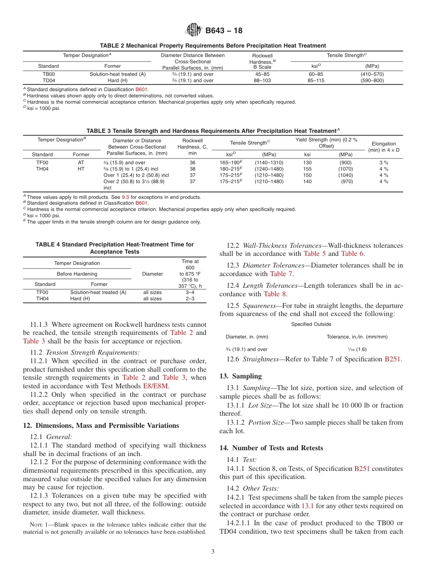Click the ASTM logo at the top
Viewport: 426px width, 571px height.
194,31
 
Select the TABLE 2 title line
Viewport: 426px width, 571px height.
213,45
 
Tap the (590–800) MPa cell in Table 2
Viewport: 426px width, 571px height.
372,80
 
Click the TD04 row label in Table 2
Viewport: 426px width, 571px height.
48,80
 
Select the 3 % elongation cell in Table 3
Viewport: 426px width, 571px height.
383,163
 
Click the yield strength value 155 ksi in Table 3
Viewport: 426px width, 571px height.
307,169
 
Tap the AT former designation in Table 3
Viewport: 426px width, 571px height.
81,163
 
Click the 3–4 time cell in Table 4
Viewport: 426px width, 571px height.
190,292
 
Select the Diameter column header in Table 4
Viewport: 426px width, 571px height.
152,274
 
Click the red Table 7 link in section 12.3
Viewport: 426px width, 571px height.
281,274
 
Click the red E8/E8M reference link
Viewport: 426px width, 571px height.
156,386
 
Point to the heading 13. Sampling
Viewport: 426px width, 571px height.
240,376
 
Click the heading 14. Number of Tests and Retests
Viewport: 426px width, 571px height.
271,448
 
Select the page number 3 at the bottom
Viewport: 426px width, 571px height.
213,552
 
